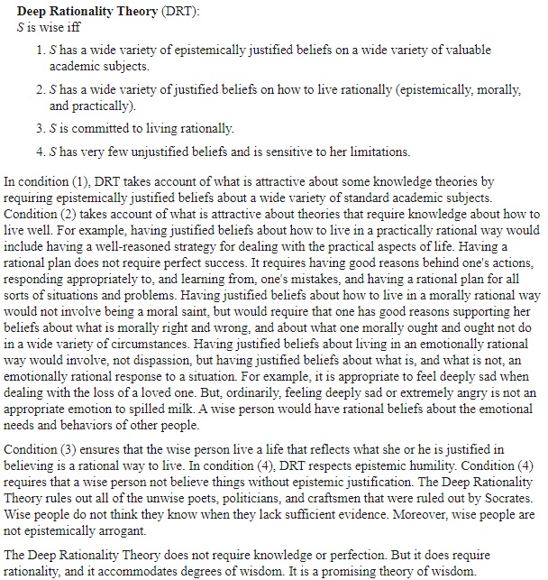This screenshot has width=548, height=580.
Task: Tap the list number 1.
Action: pos(41,51)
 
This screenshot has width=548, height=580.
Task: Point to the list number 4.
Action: pos(41,152)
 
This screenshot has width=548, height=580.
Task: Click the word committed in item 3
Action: pos(97,128)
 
